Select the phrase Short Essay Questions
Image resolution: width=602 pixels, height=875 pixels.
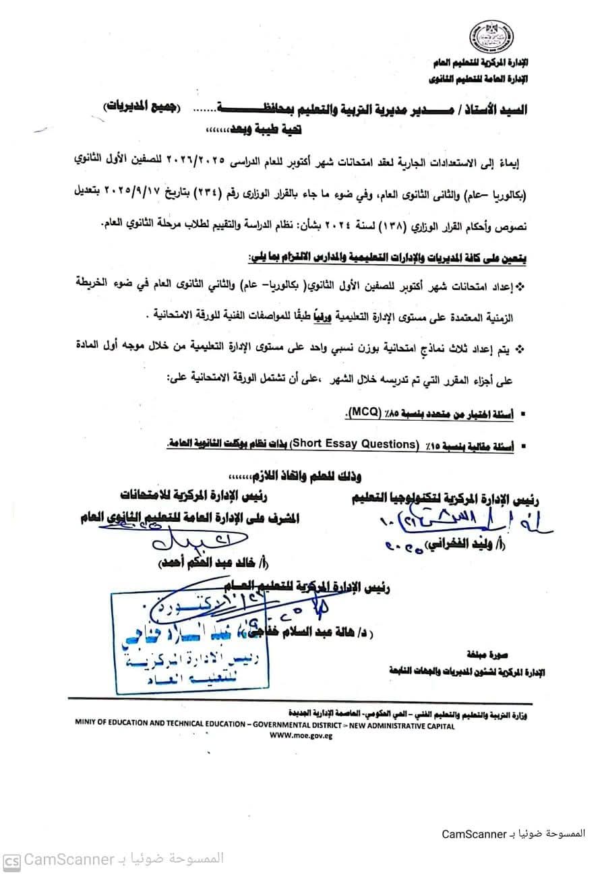(x=363, y=444)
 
